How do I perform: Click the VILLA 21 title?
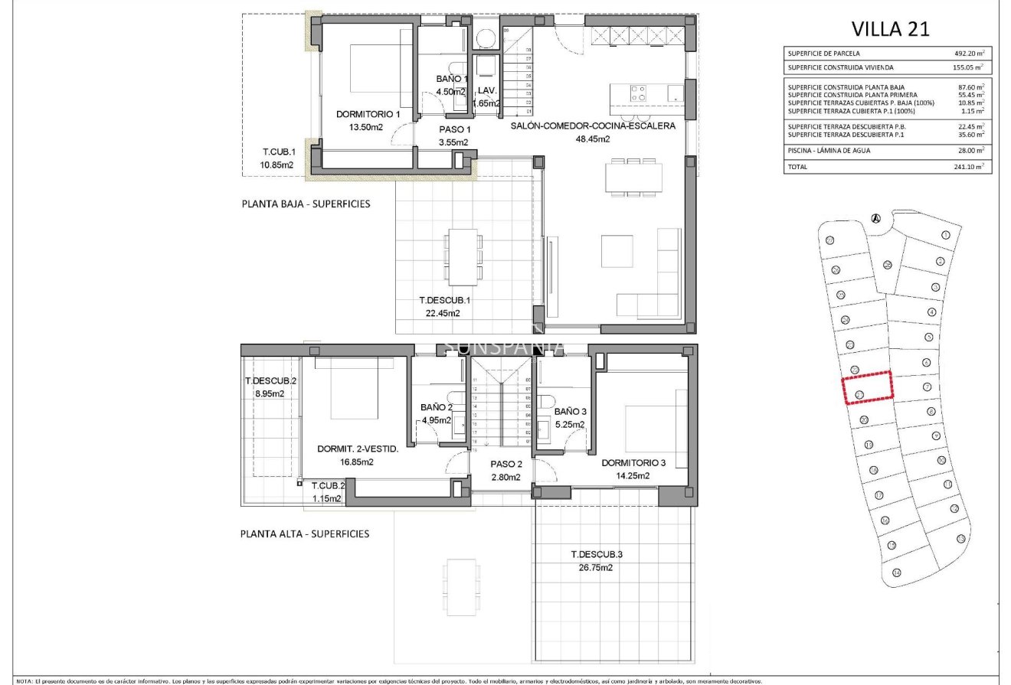(x=891, y=29)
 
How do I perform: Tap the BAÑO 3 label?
(x=569, y=411)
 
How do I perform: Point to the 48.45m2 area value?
(x=593, y=139)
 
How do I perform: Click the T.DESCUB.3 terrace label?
(x=596, y=555)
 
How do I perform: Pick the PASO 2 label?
(x=505, y=464)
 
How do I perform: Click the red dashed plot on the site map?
(x=867, y=387)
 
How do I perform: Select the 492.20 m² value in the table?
(x=969, y=54)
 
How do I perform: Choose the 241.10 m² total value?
(x=969, y=165)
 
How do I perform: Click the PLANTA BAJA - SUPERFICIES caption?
(x=306, y=204)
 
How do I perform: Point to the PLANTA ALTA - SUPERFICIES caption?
(x=305, y=533)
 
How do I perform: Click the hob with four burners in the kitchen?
(x=637, y=93)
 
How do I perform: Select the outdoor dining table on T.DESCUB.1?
(x=463, y=256)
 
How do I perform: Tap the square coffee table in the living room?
(x=617, y=251)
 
